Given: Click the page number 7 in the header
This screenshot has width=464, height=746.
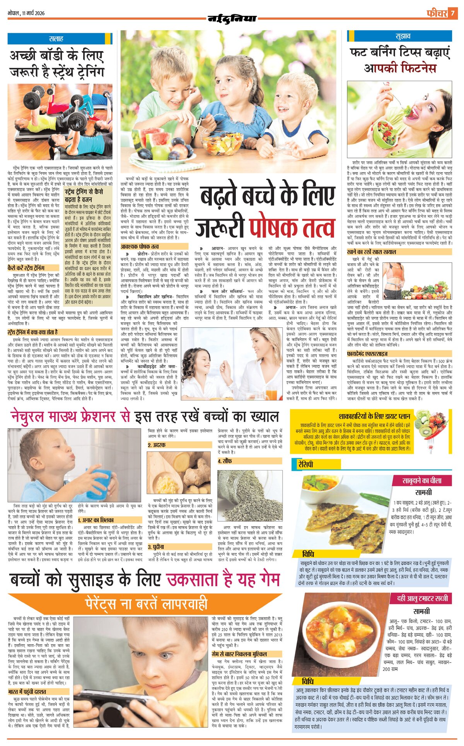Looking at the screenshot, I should (452, 13).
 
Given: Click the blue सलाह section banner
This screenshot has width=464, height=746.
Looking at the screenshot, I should (56, 39).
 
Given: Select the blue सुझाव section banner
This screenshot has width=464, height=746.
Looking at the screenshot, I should (399, 36).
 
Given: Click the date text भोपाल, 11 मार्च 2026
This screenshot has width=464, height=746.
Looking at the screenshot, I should (26, 13).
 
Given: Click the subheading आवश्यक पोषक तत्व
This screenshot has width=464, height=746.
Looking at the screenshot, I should (140, 246).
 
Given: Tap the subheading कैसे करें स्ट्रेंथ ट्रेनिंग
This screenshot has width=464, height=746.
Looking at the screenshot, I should (26, 268).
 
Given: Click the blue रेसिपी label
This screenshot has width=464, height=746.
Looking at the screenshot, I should (305, 464).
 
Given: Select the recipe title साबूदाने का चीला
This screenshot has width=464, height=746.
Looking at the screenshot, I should (421, 481).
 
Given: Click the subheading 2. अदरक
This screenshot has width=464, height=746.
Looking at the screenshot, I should (157, 445).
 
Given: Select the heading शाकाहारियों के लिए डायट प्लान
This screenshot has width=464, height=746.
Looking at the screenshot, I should (374, 416).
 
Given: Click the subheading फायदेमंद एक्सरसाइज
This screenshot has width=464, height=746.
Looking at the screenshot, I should (367, 354).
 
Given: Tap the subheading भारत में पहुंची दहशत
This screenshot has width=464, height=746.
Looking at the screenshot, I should (27, 691).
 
